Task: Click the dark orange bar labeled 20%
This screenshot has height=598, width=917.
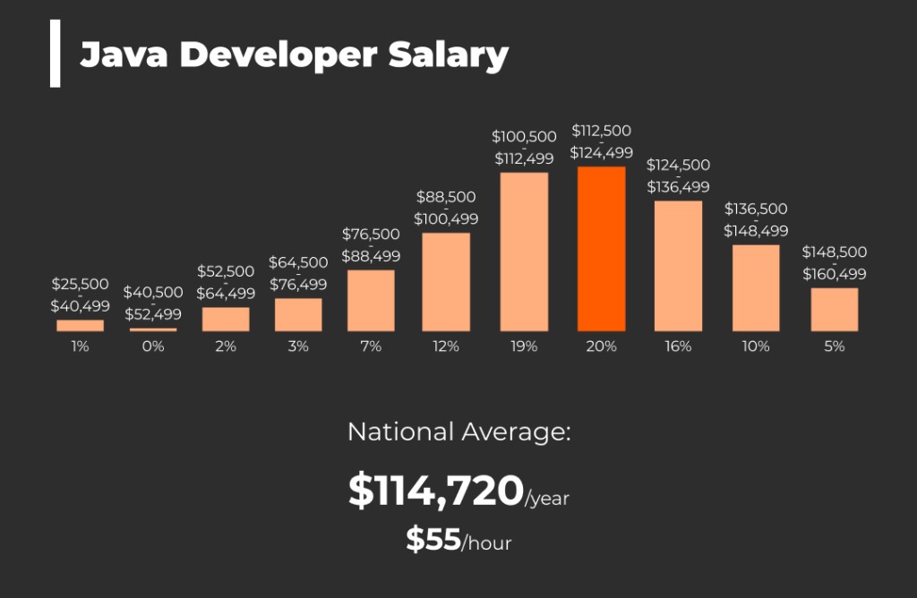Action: pyautogui.click(x=601, y=249)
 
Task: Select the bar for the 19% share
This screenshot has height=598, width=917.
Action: pyautogui.click(x=524, y=252)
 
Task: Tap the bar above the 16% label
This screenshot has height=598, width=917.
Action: pyautogui.click(x=678, y=266)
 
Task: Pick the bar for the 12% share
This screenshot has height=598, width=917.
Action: pyautogui.click(x=446, y=282)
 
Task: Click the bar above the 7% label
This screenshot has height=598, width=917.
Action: pyautogui.click(x=371, y=301)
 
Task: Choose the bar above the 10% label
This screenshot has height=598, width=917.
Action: pyautogui.click(x=756, y=287)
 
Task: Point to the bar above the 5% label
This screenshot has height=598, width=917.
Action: pyautogui.click(x=835, y=309)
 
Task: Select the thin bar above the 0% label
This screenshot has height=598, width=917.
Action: pyautogui.click(x=153, y=329)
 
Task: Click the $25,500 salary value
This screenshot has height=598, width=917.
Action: pyautogui.click(x=80, y=284)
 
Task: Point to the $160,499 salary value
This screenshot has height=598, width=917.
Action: pyautogui.click(x=834, y=274)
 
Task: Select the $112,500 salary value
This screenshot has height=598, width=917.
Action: pyautogui.click(x=601, y=131)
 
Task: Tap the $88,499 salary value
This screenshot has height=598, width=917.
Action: pyautogui.click(x=371, y=256)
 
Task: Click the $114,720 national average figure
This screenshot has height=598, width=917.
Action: pyautogui.click(x=435, y=491)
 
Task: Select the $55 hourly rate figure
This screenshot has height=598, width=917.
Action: pyautogui.click(x=433, y=539)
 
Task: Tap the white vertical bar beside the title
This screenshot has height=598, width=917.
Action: pyautogui.click(x=56, y=54)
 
